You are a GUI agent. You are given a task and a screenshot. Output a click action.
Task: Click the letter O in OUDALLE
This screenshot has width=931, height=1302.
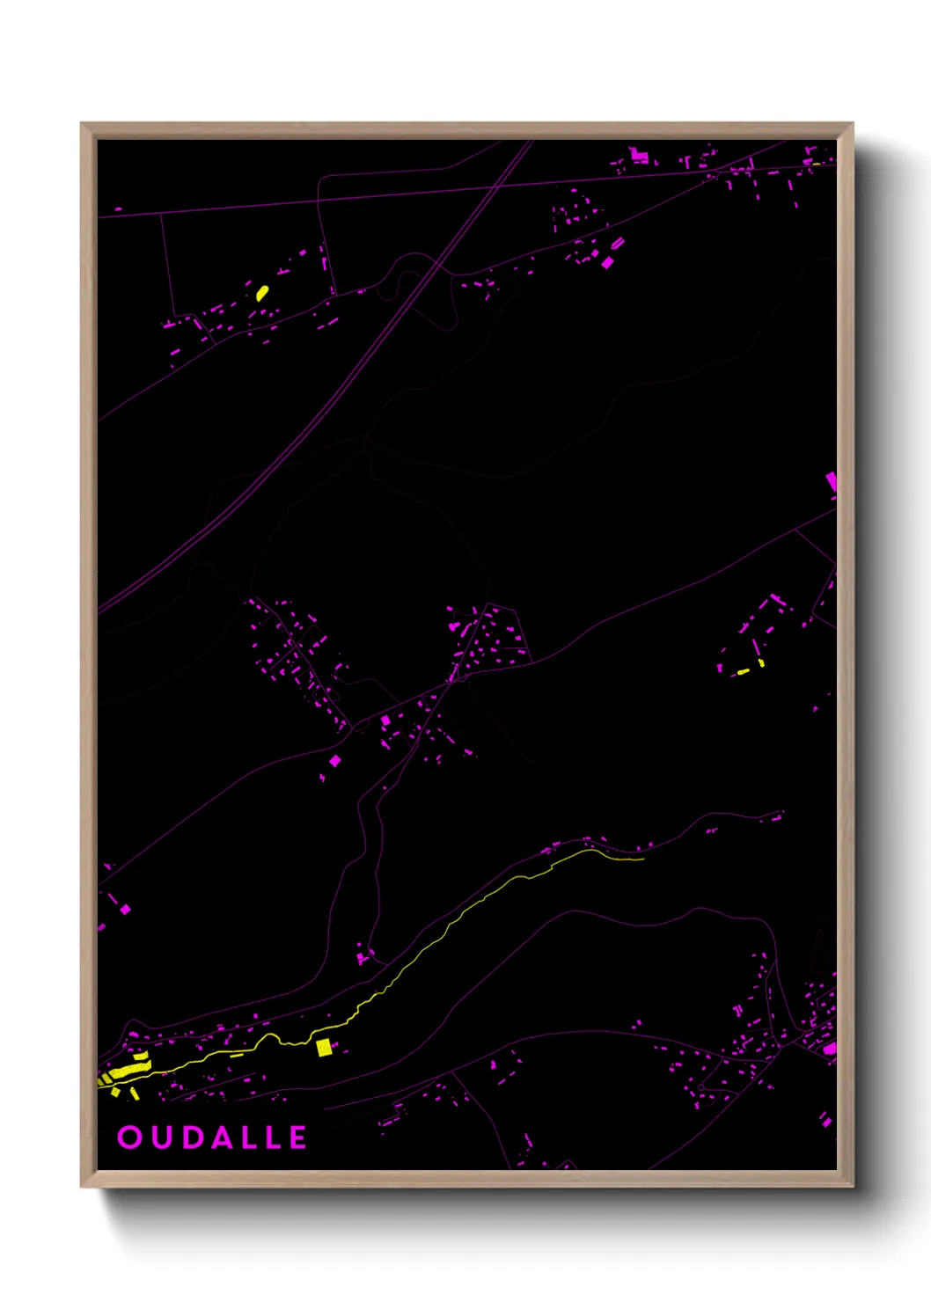click(x=129, y=1137)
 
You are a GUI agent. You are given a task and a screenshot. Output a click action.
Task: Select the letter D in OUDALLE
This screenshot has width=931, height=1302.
click(x=190, y=1137)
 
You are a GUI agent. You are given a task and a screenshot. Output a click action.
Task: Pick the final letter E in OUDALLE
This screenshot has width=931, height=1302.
click(x=297, y=1137)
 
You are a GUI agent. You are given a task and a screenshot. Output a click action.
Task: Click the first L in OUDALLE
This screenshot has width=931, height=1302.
click(x=249, y=1137)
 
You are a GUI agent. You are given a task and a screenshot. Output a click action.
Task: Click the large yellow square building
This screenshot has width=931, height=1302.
click(x=324, y=1047)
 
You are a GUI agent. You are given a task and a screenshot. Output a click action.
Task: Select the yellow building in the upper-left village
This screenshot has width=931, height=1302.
click(x=261, y=292)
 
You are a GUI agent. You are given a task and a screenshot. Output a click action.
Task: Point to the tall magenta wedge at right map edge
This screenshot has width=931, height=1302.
click(x=831, y=483)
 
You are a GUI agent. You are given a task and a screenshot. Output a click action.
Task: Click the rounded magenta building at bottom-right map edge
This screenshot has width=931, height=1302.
click(x=830, y=1049)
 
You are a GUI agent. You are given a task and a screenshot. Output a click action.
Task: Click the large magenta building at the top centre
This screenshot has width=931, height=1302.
click(x=640, y=157)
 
